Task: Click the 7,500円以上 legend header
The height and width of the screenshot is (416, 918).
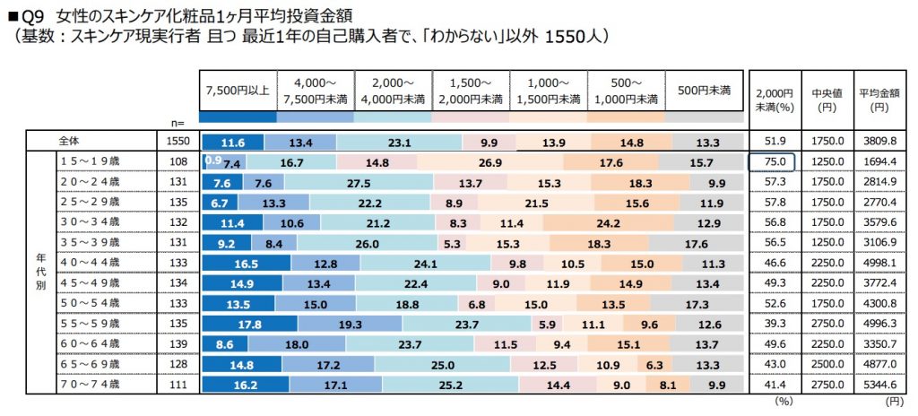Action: [238, 91]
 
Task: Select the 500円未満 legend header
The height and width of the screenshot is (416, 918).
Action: [704, 91]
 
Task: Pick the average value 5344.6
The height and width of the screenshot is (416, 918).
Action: [878, 385]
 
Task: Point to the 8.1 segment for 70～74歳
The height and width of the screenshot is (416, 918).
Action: [667, 385]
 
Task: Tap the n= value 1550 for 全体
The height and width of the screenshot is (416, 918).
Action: [176, 142]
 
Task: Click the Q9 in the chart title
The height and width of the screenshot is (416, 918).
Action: [32, 15]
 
